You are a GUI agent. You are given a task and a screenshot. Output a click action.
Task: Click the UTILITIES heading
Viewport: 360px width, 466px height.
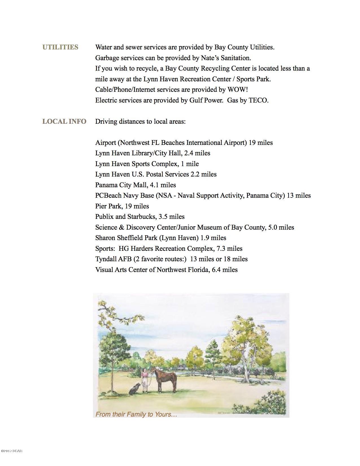[x=60, y=47]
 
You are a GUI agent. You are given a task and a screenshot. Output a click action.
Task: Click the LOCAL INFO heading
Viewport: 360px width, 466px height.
[x=64, y=122]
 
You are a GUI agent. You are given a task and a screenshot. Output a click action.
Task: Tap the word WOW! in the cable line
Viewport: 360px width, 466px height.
[x=237, y=90]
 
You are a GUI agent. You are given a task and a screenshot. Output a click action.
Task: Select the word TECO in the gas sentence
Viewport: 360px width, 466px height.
[x=258, y=101]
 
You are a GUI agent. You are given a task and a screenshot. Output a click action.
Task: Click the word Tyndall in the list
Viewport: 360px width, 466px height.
[x=106, y=259]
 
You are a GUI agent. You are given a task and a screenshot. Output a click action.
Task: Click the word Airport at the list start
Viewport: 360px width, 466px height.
[x=106, y=143]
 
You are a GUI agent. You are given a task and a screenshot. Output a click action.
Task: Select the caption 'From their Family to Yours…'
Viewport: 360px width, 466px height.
[x=136, y=415]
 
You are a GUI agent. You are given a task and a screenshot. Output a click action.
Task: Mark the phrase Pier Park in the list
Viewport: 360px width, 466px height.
[x=109, y=206]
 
